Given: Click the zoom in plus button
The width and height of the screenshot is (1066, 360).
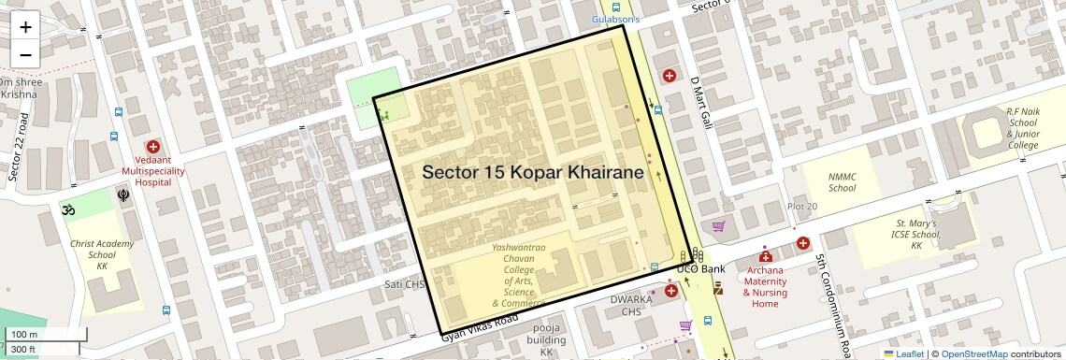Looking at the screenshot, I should point(25,27).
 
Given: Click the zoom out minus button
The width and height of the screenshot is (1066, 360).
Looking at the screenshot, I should point(25,54).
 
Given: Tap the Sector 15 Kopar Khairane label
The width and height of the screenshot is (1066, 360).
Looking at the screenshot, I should point(533,173).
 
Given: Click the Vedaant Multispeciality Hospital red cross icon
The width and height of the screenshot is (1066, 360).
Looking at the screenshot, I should point(152,147).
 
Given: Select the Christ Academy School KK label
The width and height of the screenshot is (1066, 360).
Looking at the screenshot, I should point(102,254).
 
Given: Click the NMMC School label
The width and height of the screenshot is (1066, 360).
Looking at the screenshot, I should point(842,182).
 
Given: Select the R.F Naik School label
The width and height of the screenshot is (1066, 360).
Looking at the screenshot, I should point(1022,128).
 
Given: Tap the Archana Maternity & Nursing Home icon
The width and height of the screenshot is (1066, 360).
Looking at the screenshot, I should point(765,256).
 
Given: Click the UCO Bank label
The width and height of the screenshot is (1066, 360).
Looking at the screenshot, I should point(700,269).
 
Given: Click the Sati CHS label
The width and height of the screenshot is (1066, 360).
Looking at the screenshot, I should point(405,284).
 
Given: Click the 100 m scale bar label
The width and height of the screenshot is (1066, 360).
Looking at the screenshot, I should point(25,335).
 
